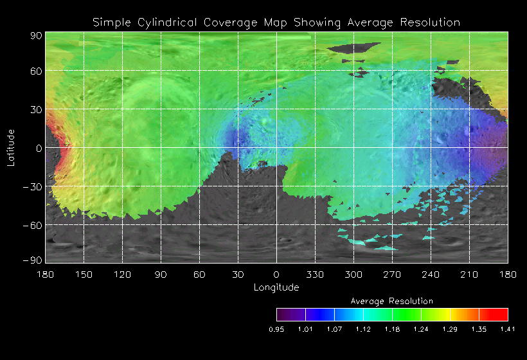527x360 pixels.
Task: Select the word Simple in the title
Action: [x=109, y=22]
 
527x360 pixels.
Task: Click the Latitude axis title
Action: [x=11, y=147]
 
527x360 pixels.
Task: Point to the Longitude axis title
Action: [x=276, y=287]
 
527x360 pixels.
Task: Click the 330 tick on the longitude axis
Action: [x=315, y=274]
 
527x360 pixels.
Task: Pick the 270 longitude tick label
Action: [x=392, y=274]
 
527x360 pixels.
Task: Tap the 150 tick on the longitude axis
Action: [x=84, y=274]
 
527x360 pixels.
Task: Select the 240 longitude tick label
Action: [x=431, y=274]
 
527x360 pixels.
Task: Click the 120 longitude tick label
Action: [x=122, y=274]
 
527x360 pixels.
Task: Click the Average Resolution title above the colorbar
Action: [x=392, y=301]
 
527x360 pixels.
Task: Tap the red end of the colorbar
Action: [x=501, y=314]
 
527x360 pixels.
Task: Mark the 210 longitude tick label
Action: [x=469, y=274]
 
